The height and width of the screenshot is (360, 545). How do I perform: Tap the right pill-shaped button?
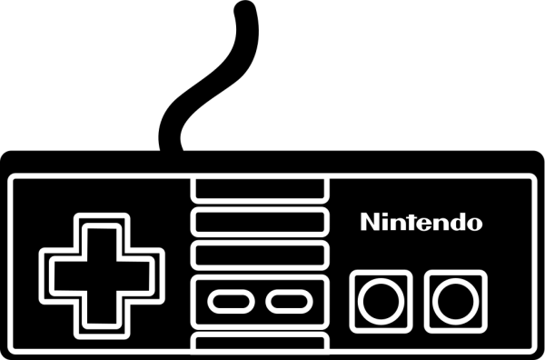pos(282,300)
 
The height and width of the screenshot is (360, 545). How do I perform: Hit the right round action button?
pos(451,296)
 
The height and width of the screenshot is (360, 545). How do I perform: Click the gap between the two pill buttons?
pos(255,300)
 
